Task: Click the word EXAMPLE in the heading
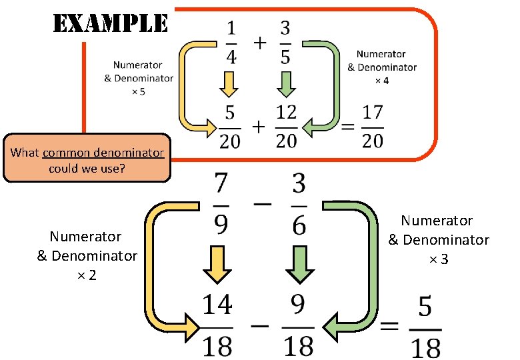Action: (110, 24)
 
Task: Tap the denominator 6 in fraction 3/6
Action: (299, 225)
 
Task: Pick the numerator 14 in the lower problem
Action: (217, 305)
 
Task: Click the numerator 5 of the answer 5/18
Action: (425, 309)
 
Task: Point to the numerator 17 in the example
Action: (373, 112)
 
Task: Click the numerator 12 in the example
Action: (286, 112)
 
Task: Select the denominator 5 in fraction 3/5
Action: (285, 57)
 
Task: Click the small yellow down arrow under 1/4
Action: (229, 84)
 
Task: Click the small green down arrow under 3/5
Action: (286, 84)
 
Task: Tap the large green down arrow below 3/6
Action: (299, 265)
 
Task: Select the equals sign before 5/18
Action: (390, 327)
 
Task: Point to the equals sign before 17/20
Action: (347, 126)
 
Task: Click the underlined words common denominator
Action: (103, 153)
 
